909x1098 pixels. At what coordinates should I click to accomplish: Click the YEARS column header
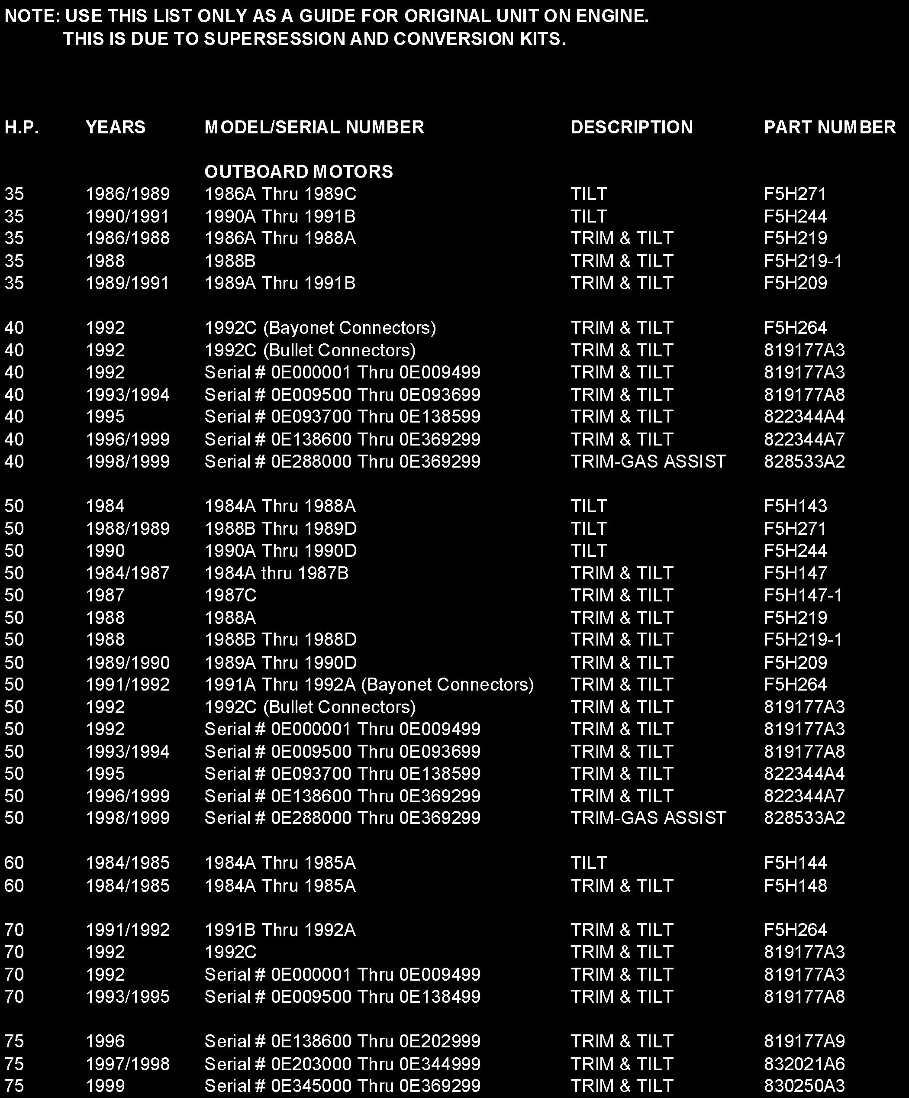coord(115,127)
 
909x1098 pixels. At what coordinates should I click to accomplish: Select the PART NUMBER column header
coord(829,127)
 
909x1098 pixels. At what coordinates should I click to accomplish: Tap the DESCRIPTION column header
coord(632,127)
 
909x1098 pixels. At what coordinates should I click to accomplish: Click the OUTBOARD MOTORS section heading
coord(299,171)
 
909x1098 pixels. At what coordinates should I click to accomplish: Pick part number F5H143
coord(795,506)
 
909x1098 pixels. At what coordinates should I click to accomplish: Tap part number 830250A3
coord(804,1086)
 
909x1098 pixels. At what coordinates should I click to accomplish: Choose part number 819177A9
coord(804,1041)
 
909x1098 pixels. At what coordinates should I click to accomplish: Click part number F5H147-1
coord(803,595)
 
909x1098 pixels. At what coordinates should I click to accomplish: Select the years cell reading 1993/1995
coord(128,996)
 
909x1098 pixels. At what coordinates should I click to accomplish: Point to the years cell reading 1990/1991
coord(128,216)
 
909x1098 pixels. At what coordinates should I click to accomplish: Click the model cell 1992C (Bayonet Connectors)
coord(320,327)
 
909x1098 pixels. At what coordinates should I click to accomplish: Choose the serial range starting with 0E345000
coord(342,1086)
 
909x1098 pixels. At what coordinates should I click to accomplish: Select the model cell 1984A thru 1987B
coord(276,573)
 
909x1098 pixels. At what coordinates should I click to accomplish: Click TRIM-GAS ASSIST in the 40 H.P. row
coord(648,461)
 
